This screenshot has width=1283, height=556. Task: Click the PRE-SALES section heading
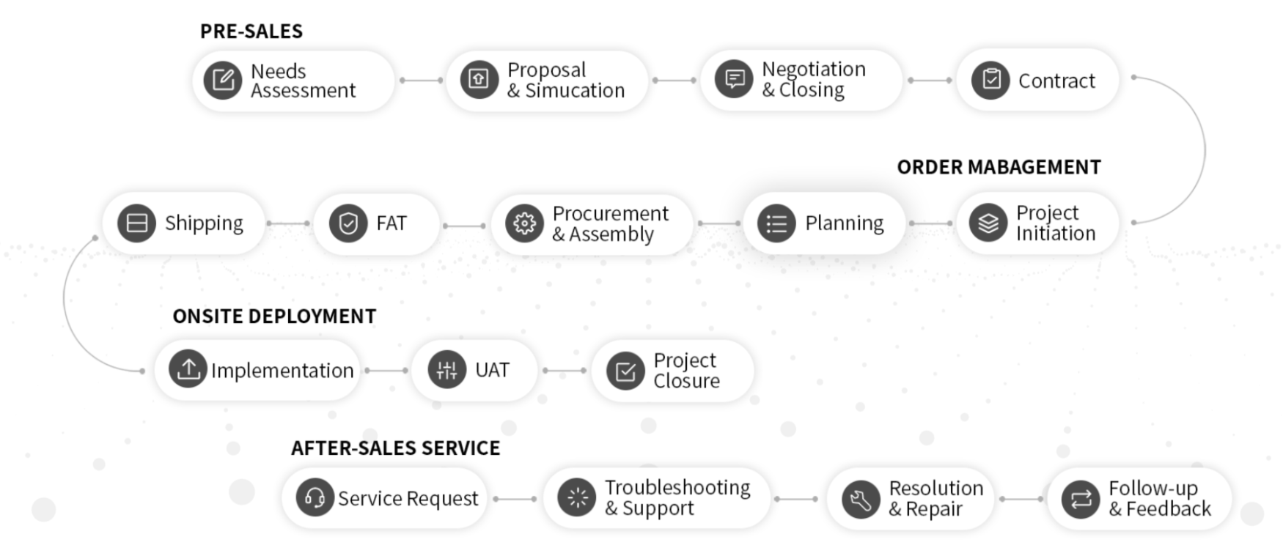pyautogui.click(x=251, y=31)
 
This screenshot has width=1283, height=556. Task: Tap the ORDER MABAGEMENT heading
pyautogui.click(x=999, y=168)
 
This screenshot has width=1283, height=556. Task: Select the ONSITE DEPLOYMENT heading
pyautogui.click(x=274, y=316)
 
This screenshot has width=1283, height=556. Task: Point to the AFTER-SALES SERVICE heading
pyautogui.click(x=395, y=448)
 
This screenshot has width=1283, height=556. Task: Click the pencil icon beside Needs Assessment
pyautogui.click(x=223, y=80)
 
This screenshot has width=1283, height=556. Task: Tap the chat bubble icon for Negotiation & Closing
pyautogui.click(x=734, y=79)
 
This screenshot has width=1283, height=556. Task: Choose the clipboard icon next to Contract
pyautogui.click(x=990, y=80)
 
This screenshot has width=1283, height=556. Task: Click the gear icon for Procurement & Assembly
pyautogui.click(x=524, y=223)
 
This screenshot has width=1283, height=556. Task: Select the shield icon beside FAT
pyautogui.click(x=348, y=223)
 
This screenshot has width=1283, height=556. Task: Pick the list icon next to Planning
pyautogui.click(x=776, y=223)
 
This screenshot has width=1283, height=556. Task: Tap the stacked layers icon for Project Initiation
pyautogui.click(x=988, y=223)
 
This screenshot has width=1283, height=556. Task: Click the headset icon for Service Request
pyautogui.click(x=315, y=498)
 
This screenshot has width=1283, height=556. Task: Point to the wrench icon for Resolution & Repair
pyautogui.click(x=860, y=500)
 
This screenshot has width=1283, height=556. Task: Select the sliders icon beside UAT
pyautogui.click(x=446, y=370)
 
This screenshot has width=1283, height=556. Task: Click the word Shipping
pyautogui.click(x=204, y=223)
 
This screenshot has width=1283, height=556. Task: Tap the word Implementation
pyautogui.click(x=282, y=371)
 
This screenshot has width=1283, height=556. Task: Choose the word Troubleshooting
pyautogui.click(x=677, y=488)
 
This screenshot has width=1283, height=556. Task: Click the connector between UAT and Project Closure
pyautogui.click(x=564, y=371)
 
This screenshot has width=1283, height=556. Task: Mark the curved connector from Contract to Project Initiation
pyautogui.click(x=1204, y=151)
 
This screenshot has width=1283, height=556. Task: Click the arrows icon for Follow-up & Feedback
pyautogui.click(x=1081, y=500)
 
